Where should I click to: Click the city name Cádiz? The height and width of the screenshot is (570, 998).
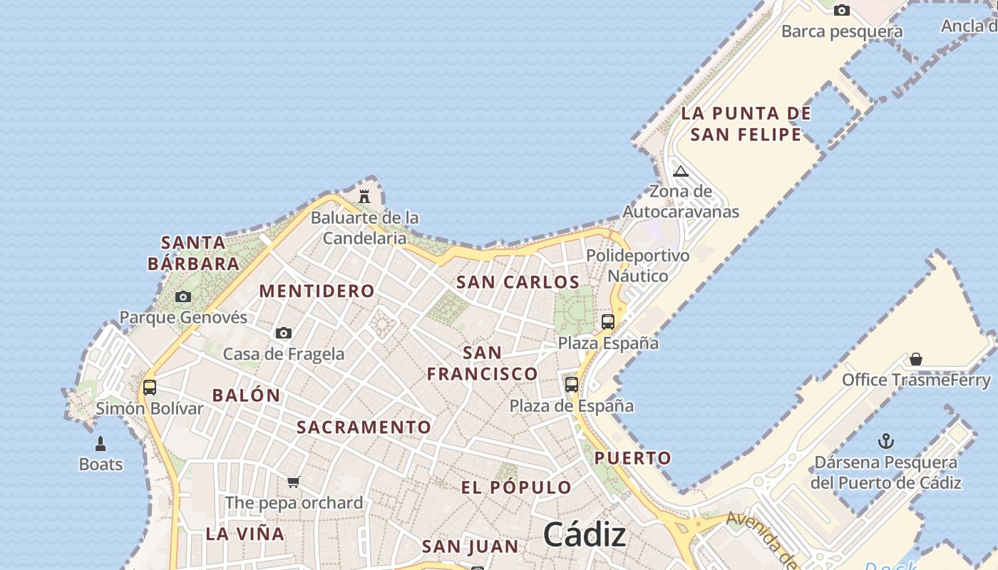point(585,534)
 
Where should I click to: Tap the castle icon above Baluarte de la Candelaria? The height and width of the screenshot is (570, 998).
point(364,196)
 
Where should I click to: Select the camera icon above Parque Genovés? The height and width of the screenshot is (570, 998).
point(183,296)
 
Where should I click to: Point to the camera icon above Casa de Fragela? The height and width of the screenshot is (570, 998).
point(284,333)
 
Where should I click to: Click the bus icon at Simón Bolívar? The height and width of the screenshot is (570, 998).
point(150,388)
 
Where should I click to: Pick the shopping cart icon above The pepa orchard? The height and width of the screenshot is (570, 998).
point(293,482)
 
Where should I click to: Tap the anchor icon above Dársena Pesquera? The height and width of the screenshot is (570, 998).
point(886,441)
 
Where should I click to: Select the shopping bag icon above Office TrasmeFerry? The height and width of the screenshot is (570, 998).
point(916,359)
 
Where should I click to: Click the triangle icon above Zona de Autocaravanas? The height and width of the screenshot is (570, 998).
point(681,171)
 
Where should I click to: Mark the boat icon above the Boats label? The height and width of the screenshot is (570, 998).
point(101,444)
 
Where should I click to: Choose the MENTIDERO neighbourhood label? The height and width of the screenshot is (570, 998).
point(317,291)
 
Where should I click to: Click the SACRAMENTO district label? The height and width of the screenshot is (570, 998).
point(364,427)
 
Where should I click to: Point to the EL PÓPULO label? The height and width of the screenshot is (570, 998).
point(516,488)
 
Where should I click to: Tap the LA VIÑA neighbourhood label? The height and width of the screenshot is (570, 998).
point(245,534)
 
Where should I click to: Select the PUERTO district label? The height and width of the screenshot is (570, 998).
point(633,458)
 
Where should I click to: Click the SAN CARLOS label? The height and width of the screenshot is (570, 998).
point(518,282)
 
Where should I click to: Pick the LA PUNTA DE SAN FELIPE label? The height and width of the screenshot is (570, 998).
point(746,124)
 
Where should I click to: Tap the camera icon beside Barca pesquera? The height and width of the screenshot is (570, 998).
point(842,10)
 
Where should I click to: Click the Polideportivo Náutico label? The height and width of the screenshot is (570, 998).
point(637,266)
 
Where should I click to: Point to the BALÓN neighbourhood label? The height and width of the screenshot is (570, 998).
point(247,395)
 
